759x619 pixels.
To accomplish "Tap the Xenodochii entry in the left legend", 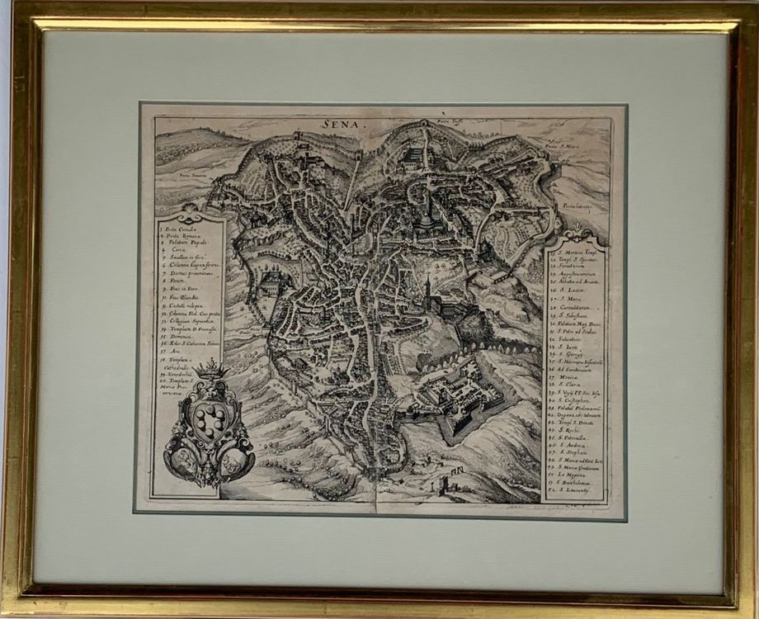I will coord(182,372).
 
